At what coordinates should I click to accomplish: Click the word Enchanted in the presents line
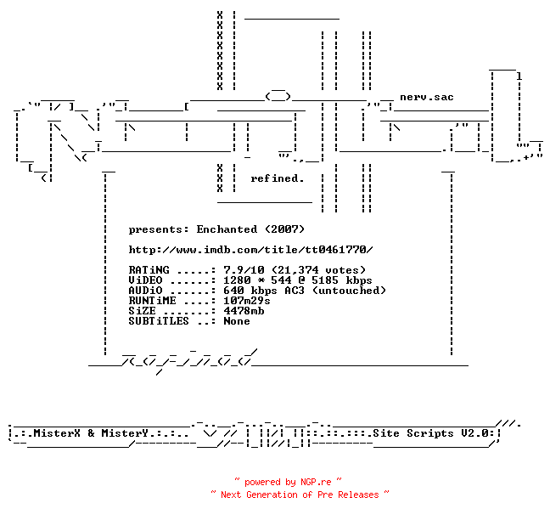[227, 229]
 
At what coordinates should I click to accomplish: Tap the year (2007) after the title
[284, 229]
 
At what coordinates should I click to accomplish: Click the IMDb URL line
[250, 250]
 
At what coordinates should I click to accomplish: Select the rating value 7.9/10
[244, 270]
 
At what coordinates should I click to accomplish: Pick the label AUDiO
[146, 291]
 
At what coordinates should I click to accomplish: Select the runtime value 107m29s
[247, 301]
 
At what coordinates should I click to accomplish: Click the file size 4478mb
[244, 311]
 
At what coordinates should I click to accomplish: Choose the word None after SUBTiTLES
[237, 321]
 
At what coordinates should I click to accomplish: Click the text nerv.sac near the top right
[427, 97]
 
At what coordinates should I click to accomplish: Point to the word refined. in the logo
[277, 178]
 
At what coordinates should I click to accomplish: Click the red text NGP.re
[316, 482]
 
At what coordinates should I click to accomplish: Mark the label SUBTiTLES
[159, 321]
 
